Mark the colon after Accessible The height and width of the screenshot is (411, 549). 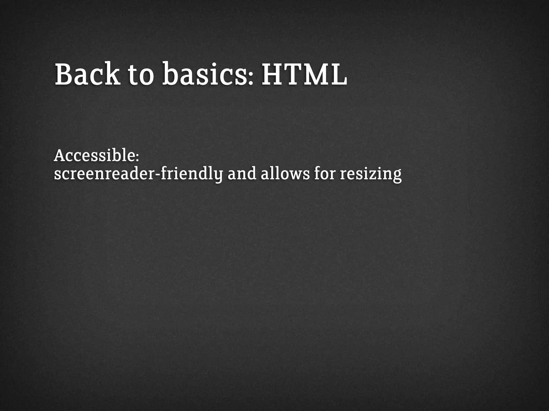pyautogui.click(x=137, y=158)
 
